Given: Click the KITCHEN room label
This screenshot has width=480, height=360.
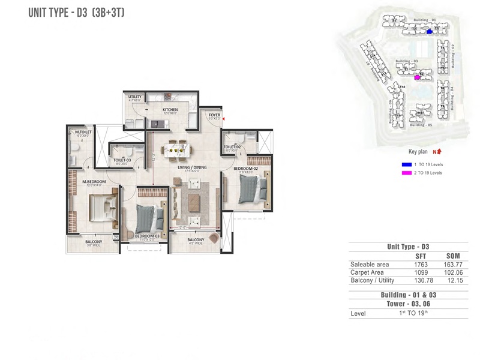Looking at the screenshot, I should (171, 110).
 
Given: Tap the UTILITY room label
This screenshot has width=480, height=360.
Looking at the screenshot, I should (134, 97).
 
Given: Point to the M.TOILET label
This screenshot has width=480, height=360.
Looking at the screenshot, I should (82, 132).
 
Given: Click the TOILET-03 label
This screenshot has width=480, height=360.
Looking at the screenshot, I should (122, 160).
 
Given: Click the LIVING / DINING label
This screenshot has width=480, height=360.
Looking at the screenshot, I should (191, 167).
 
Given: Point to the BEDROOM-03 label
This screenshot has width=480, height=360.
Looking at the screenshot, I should (146, 236).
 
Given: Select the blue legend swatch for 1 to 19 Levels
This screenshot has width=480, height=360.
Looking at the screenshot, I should (406, 164).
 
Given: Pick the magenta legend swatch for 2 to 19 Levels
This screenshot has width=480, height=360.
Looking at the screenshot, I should (406, 173).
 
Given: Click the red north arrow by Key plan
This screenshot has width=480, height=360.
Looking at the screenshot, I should (437, 152).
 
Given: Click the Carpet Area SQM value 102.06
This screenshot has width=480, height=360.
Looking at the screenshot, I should (450, 272).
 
